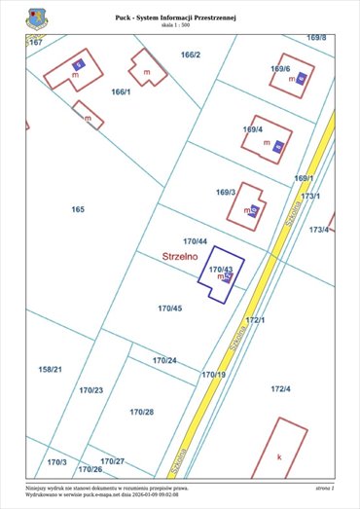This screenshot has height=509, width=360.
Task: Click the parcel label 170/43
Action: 221,269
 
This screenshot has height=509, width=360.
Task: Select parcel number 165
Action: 78,209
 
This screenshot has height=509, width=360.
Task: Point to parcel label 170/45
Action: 169,308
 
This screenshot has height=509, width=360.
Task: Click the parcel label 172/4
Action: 280,389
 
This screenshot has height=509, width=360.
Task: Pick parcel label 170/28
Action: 142,412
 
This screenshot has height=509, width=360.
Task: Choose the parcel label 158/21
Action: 51,369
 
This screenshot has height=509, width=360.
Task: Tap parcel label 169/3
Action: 226,193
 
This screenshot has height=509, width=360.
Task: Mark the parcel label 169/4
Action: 252,129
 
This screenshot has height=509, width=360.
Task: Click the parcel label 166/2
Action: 190,55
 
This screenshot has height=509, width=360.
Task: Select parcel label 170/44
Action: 196,240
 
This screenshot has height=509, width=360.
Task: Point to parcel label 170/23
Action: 91,389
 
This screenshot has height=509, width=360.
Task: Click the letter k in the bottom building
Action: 279,455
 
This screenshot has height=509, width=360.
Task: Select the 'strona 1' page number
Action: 324,488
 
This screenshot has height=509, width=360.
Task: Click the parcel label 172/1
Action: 255,319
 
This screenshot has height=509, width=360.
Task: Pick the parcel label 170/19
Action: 213,374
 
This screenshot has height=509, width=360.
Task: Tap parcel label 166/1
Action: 121,91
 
